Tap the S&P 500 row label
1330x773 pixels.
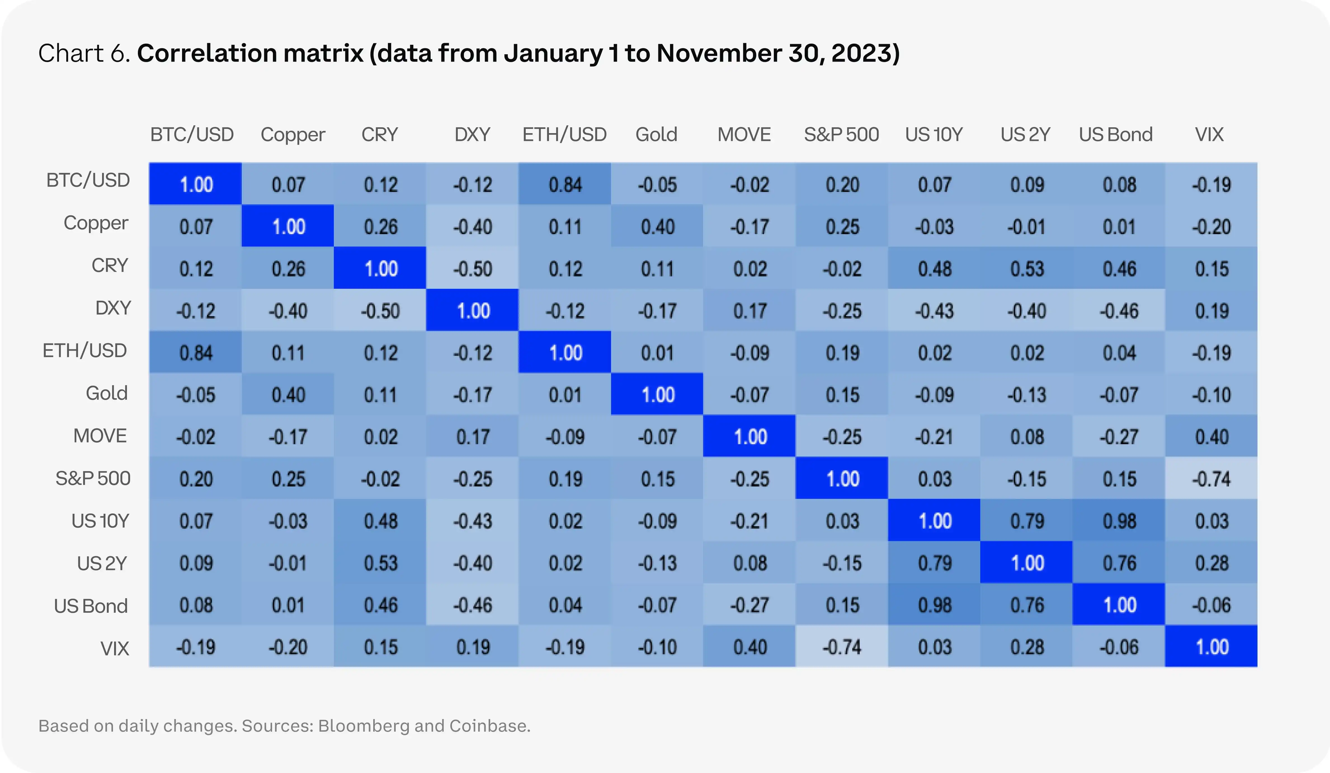pos(93,479)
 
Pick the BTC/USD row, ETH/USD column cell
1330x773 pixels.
pos(565,184)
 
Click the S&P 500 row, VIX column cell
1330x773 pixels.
pos(1211,479)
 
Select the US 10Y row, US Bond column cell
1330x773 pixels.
pos(1119,521)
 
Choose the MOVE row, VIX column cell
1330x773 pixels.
pos(1211,436)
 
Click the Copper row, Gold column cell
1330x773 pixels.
pos(657,226)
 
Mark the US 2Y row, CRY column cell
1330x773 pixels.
pos(380,563)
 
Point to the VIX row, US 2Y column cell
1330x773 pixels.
pos(1027,647)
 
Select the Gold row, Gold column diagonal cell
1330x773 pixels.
pos(657,394)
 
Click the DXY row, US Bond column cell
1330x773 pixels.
pos(1119,310)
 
